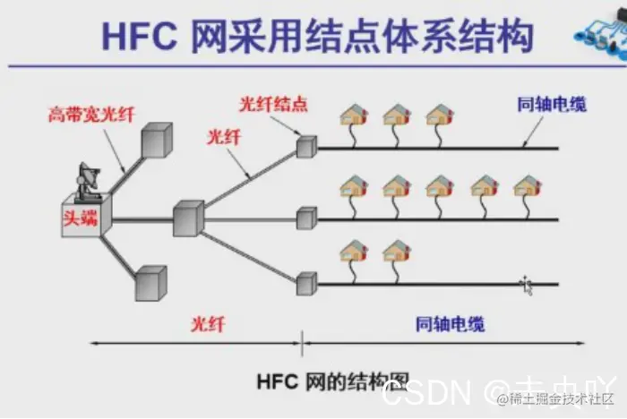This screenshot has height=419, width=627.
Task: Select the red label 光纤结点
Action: click(273, 105)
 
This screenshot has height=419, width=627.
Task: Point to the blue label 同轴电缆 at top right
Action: click(552, 105)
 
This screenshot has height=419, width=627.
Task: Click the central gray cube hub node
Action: click(189, 218)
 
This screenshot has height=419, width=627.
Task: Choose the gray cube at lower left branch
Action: click(150, 282)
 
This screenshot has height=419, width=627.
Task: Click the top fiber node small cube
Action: click(306, 147)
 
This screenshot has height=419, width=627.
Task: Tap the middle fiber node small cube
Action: click(306, 218)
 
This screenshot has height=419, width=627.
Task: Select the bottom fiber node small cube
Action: click(306, 284)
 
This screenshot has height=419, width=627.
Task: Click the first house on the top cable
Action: click(354, 115)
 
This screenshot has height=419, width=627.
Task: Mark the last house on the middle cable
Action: click(528, 186)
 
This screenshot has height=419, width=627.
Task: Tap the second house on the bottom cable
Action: click(396, 252)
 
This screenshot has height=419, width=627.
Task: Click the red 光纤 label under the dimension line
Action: click(207, 324)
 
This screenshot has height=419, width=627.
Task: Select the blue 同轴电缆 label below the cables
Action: click(451, 324)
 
